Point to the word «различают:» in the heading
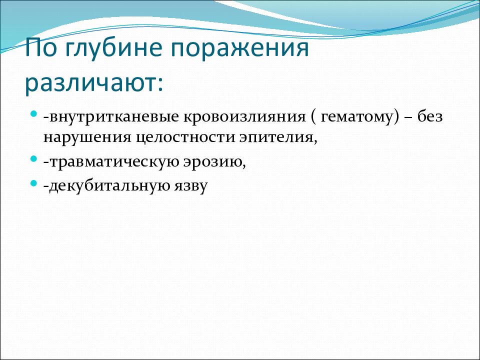tap(94, 84)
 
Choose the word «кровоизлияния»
tap(244, 117)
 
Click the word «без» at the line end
tap(430, 116)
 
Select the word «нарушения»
tap(87, 138)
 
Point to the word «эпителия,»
tap(278, 138)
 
